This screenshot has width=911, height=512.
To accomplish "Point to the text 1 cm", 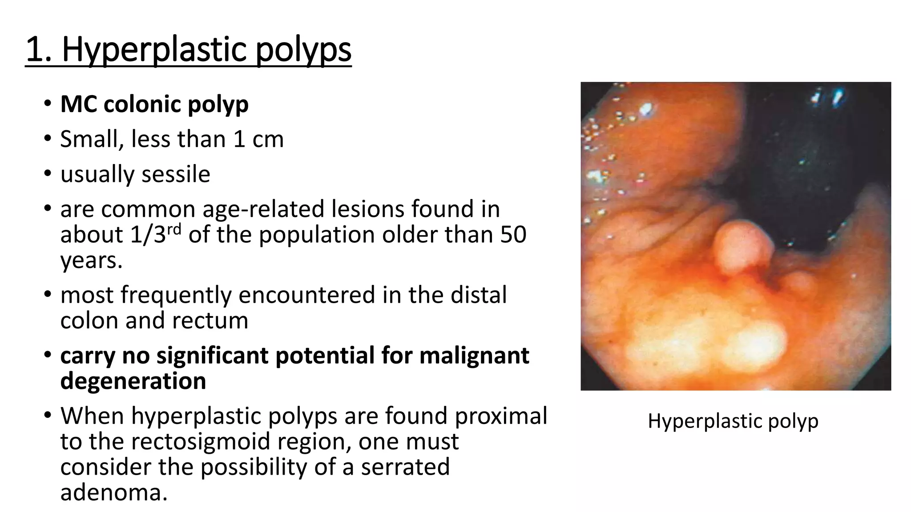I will (258, 139).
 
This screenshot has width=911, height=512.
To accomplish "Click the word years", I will (91, 260).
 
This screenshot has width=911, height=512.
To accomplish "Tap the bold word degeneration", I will (133, 381).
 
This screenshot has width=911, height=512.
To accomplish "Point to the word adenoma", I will (114, 492).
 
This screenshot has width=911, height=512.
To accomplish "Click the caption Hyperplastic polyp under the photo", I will (733, 420).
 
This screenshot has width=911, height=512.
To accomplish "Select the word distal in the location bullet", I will (478, 295).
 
